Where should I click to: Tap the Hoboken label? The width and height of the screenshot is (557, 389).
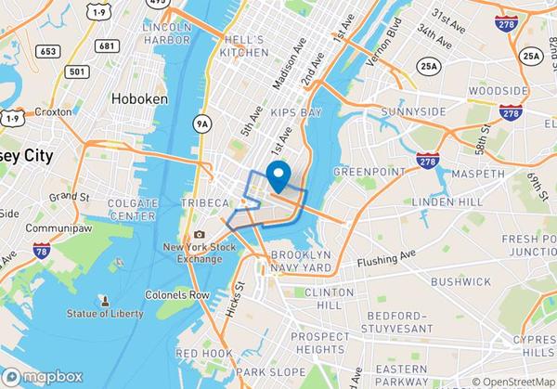[138, 97]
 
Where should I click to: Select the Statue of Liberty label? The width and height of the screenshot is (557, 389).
[105, 313]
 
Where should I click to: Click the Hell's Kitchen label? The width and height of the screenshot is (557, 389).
[244, 45]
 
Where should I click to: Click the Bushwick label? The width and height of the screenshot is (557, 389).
[460, 280]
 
